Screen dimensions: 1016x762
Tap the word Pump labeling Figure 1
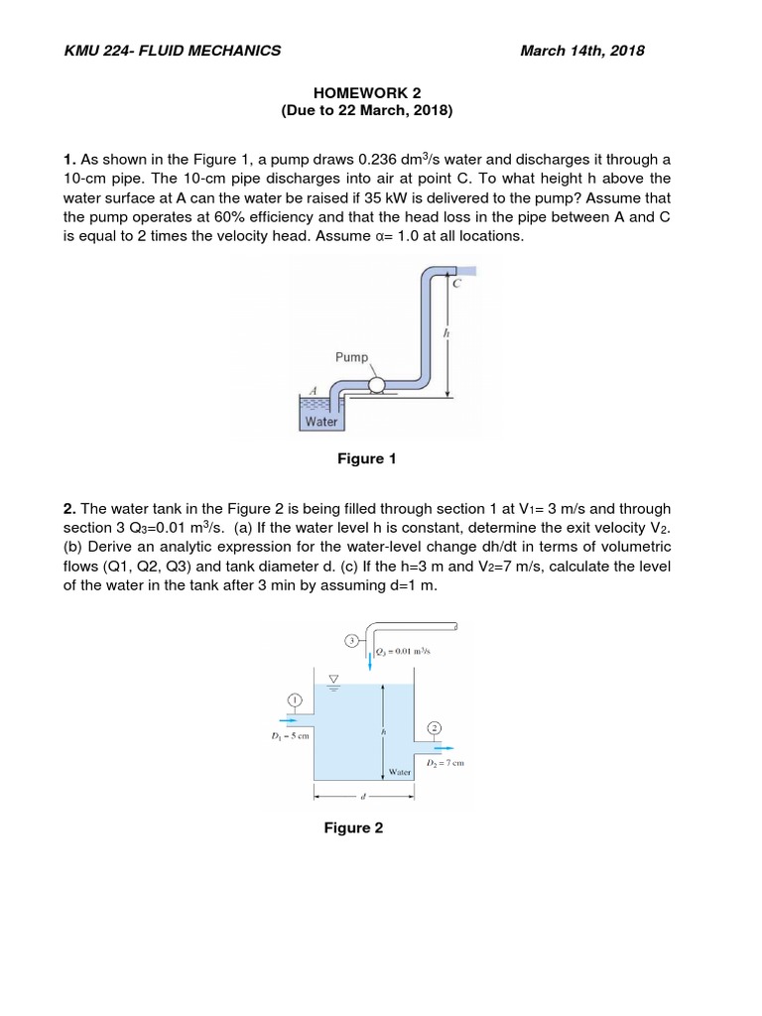[x=351, y=357]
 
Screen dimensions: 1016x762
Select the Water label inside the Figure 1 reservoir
[x=320, y=422]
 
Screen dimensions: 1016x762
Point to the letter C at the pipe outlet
[x=457, y=284]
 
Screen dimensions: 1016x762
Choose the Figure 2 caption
[x=352, y=827]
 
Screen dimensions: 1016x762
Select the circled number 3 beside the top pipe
[x=352, y=640]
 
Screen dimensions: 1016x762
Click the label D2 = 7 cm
[x=444, y=763]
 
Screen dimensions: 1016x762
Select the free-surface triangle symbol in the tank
[x=333, y=680]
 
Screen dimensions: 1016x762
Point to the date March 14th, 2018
[x=581, y=51]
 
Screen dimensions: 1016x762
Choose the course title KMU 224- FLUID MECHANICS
[x=173, y=51]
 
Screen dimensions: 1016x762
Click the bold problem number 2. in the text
[x=69, y=508]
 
